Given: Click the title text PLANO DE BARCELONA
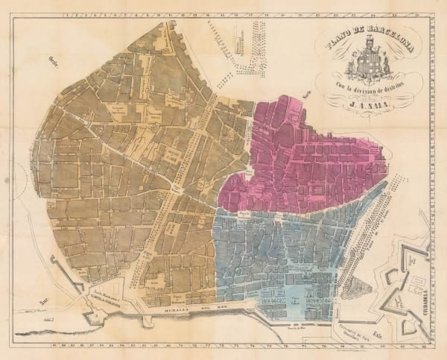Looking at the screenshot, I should pos(364,45).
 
